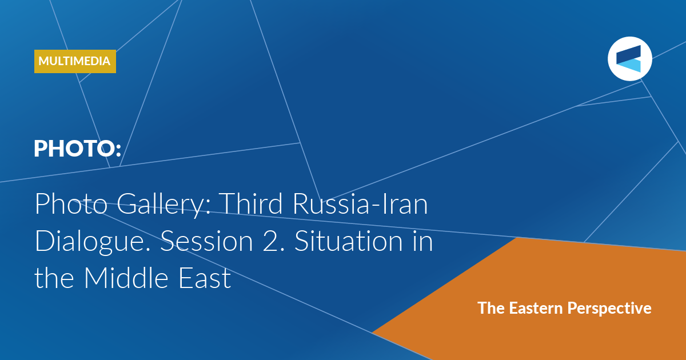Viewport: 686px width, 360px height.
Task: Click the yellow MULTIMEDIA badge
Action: point(75,61)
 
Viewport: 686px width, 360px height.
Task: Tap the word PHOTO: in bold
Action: point(78,149)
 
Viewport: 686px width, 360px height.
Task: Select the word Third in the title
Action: point(250,203)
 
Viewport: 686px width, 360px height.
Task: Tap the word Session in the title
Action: point(207,241)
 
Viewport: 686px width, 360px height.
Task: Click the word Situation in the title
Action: point(348,241)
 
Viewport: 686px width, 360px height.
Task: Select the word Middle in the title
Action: point(126,277)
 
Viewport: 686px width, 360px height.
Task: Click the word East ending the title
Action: point(205,278)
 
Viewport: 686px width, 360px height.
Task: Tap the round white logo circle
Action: point(630,59)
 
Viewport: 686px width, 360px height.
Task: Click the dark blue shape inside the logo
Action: point(628,54)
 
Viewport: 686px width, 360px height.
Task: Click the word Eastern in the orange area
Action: point(536,308)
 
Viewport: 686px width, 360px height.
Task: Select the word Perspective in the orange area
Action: point(609,309)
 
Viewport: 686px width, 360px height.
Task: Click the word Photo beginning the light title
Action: point(71,203)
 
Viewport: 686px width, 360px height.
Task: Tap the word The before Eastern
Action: point(491,308)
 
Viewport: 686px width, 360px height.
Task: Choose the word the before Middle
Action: point(54,277)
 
